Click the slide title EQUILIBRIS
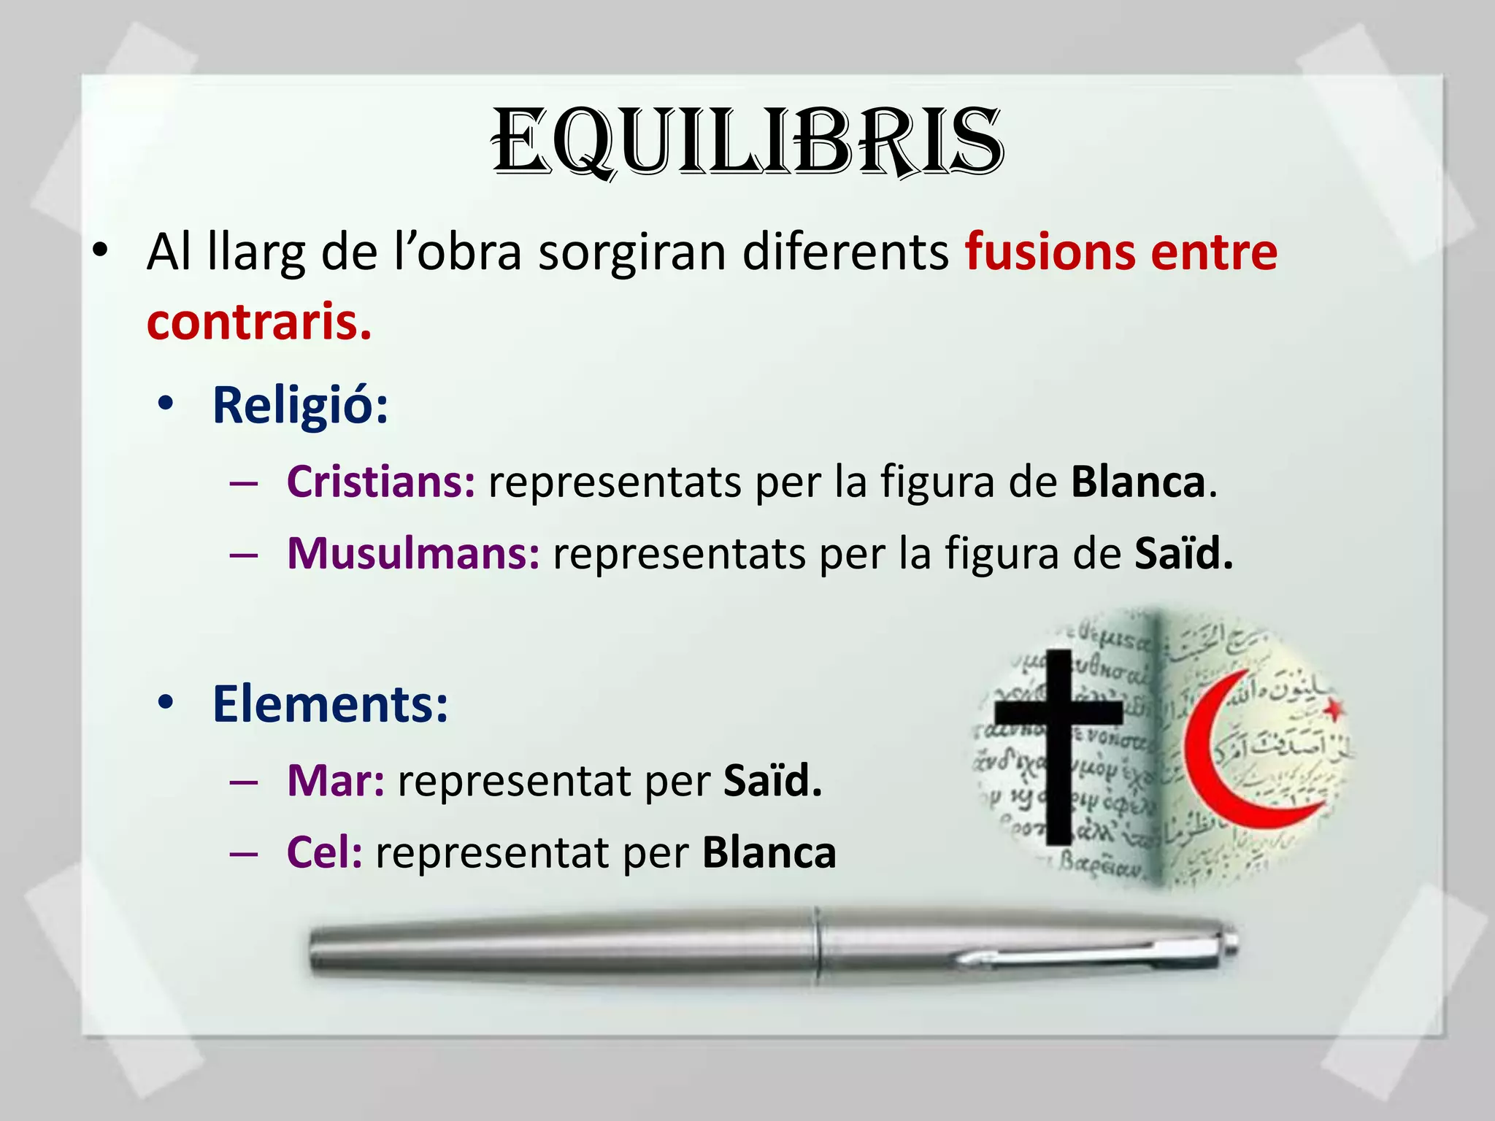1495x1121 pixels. pos(747,142)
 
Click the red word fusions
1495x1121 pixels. pos(1049,253)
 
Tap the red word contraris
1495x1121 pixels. pos(259,322)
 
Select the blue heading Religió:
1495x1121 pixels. pos(300,405)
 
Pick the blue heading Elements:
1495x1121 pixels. pos(330,704)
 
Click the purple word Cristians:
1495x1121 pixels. pos(380,482)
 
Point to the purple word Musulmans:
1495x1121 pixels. pos(413,553)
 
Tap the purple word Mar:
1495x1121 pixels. pos(335,781)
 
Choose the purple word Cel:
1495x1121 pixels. pos(324,852)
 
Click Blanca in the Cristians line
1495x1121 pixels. pos(1138,482)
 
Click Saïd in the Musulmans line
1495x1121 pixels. pos(1183,553)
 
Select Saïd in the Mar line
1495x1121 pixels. pos(772,781)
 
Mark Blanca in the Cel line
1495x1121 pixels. pos(769,852)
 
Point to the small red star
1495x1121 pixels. pos(1333,707)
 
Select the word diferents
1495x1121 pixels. pos(845,253)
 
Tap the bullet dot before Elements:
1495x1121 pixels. pos(166,702)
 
